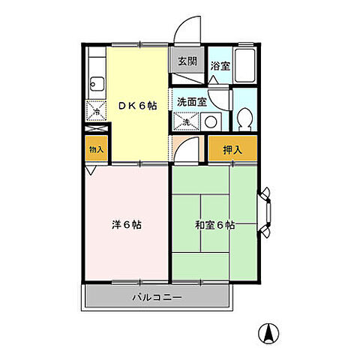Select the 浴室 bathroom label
pos(219,65)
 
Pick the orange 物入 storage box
pos(96,149)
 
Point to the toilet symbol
pos(244,118)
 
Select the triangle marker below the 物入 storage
pos(91,171)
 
